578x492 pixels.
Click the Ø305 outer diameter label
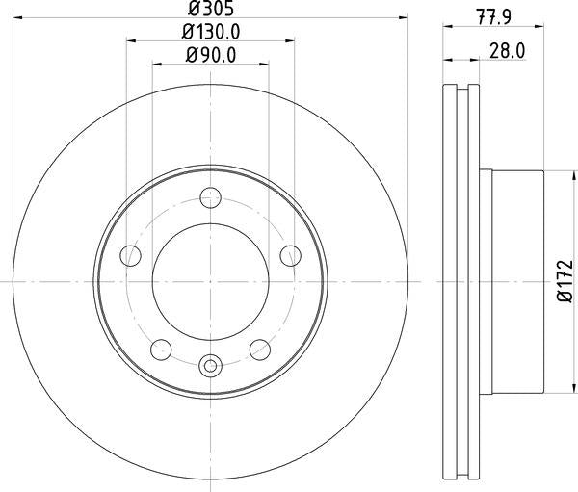(x=210, y=9)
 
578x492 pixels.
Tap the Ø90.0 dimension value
(x=210, y=54)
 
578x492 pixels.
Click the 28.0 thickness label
(x=505, y=53)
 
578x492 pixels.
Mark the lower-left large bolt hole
(x=163, y=349)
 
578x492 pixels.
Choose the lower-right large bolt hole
(x=258, y=349)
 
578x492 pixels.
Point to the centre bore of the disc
(x=210, y=281)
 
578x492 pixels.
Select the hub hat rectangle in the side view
(x=516, y=281)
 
